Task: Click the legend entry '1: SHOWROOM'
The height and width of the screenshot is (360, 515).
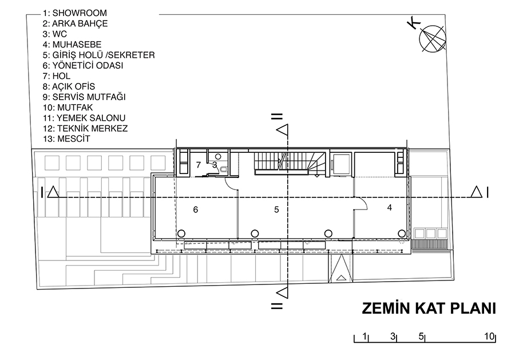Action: tap(75, 13)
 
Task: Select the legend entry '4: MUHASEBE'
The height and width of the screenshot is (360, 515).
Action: tap(72, 44)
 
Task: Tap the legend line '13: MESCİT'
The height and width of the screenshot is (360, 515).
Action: tap(66, 139)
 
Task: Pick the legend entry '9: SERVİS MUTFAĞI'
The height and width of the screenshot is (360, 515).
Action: tap(84, 97)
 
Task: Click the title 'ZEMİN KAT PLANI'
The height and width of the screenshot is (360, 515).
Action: tap(429, 308)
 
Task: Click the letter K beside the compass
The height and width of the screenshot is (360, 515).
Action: tap(414, 23)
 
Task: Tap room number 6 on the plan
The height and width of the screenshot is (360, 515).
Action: tap(196, 209)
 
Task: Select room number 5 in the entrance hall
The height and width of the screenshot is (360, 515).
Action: tap(276, 209)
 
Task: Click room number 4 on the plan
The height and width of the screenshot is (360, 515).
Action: tap(390, 208)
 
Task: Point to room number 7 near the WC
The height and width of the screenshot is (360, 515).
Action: tap(199, 165)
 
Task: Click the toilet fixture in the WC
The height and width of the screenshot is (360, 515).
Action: tap(224, 170)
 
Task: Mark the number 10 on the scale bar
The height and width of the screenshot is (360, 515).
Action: tap(489, 337)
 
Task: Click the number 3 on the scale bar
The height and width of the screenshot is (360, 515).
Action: tap(393, 337)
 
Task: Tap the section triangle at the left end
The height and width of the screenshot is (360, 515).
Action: tap(53, 192)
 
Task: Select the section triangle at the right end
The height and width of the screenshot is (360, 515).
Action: tap(476, 192)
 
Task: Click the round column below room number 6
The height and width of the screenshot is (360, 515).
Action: tap(181, 234)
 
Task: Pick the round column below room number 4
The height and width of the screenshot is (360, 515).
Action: tap(402, 234)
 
